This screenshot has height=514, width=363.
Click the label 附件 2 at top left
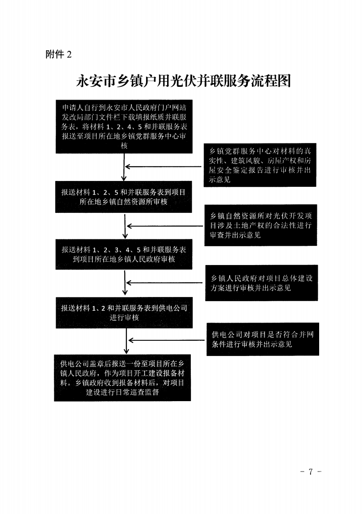pyautogui.click(x=58, y=54)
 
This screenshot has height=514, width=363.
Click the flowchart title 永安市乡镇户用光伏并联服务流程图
pyautogui.click(x=184, y=81)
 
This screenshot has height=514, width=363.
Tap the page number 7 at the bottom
pyautogui.click(x=310, y=472)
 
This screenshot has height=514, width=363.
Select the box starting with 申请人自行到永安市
pyautogui.click(x=124, y=127)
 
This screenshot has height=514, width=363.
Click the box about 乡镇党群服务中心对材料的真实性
pyautogui.click(x=260, y=165)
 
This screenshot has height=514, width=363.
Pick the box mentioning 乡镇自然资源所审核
pyautogui.click(x=124, y=196)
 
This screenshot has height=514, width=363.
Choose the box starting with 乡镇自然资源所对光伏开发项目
pyautogui.click(x=261, y=225)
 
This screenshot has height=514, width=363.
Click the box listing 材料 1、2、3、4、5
pyautogui.click(x=124, y=254)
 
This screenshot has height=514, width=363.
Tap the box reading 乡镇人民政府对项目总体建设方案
pyautogui.click(x=262, y=283)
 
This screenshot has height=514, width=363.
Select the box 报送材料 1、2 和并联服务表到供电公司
pyautogui.click(x=124, y=313)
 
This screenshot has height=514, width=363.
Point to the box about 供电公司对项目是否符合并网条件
pyautogui.click(x=263, y=339)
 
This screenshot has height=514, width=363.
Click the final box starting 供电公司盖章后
pyautogui.click(x=122, y=378)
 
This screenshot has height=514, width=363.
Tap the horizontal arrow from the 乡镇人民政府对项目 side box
pyautogui.click(x=165, y=282)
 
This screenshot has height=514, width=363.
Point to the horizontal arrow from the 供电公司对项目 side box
pyautogui.click(x=167, y=340)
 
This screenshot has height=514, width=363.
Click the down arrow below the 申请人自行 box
pyautogui.click(x=124, y=167)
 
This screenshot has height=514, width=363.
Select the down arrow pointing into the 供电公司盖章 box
pyautogui.click(x=126, y=341)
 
